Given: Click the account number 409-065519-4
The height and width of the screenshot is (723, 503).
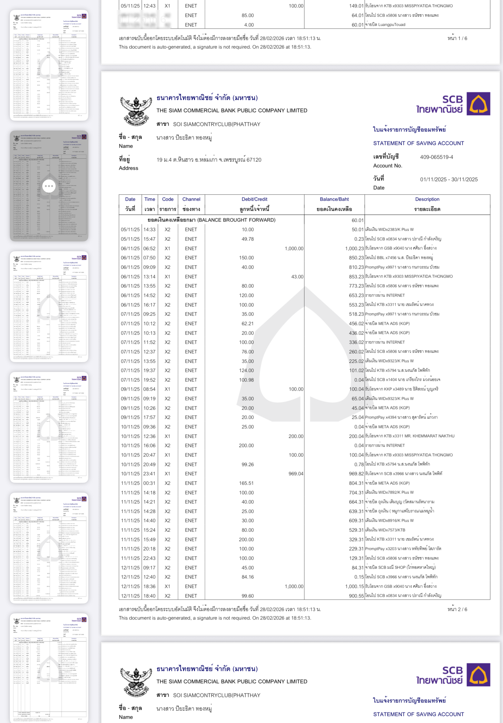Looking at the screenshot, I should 436,157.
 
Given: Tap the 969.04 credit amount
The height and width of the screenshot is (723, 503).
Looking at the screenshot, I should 296,474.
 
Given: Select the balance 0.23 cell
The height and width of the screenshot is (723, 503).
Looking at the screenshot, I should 359,239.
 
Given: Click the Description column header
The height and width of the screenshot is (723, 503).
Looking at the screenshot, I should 427,199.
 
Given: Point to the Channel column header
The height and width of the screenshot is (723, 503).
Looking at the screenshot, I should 191,199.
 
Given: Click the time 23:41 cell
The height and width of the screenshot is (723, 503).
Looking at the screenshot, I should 149,474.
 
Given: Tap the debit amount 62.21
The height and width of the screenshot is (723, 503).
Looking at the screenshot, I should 248,324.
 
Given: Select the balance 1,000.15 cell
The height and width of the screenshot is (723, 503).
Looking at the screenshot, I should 354,586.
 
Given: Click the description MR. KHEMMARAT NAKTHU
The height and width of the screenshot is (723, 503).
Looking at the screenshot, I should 409,436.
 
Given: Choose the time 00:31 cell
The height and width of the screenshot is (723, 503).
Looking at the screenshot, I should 149,483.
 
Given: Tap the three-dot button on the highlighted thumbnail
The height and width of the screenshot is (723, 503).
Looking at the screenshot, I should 49,186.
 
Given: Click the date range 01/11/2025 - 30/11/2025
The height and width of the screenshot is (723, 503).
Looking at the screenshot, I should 448,180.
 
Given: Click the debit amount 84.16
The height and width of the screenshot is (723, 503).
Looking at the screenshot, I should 248,577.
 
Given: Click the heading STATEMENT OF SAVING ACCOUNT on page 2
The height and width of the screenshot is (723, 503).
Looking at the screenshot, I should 418,143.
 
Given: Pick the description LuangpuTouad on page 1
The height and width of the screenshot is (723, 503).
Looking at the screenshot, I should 385,25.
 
